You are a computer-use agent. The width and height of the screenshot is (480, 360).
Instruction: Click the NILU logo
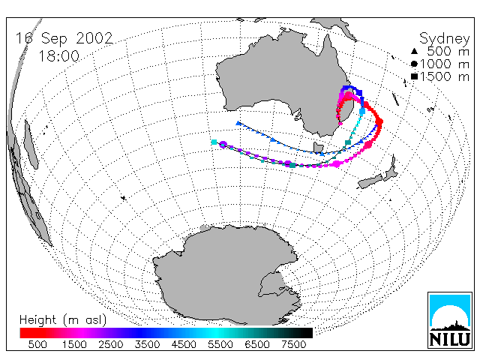450,320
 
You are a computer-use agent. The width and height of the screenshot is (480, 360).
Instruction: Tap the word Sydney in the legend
444,39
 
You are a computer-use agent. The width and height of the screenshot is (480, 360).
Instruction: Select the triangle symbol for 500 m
414,52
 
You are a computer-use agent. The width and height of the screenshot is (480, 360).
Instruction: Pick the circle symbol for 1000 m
414,64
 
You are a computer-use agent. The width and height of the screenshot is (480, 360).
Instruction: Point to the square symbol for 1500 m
414,76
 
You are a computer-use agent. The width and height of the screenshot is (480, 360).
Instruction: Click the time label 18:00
58,56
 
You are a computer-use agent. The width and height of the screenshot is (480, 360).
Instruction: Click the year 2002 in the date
94,38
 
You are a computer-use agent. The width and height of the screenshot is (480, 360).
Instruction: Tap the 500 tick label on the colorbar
37,344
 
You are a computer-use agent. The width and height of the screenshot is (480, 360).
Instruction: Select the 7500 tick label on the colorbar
294,344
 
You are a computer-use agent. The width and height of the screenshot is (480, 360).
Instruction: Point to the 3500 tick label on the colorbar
147,344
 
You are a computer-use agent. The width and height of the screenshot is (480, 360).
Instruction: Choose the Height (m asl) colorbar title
63,320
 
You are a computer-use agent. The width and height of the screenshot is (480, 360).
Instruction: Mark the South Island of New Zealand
370,181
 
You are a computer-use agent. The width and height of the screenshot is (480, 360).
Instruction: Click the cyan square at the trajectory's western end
214,142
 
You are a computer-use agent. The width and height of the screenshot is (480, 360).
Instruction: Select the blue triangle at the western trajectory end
238,123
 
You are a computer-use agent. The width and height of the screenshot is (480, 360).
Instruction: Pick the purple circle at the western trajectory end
223,145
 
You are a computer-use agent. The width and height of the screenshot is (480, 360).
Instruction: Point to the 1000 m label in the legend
445,64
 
